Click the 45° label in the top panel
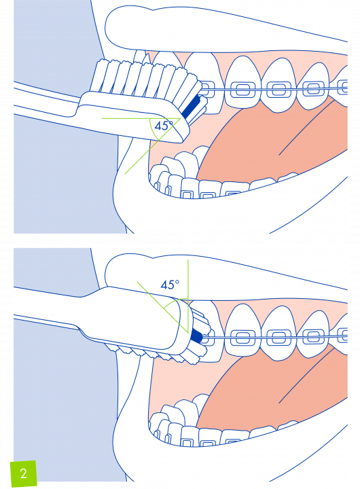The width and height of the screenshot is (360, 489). click(x=164, y=126)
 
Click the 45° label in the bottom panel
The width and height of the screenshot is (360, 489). click(x=170, y=285)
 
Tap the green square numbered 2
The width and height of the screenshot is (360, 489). click(x=24, y=473)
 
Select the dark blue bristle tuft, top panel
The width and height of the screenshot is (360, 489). click(x=191, y=107)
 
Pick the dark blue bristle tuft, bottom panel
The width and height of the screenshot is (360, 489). click(x=196, y=336)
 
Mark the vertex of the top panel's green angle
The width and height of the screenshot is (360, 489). click(x=181, y=118)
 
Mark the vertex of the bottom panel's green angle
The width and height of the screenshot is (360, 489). click(x=188, y=332)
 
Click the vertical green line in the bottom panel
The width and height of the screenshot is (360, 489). click(x=188, y=296)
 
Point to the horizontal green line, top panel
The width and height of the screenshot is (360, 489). click(x=141, y=118)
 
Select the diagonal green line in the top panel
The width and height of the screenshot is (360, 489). click(x=153, y=146)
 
